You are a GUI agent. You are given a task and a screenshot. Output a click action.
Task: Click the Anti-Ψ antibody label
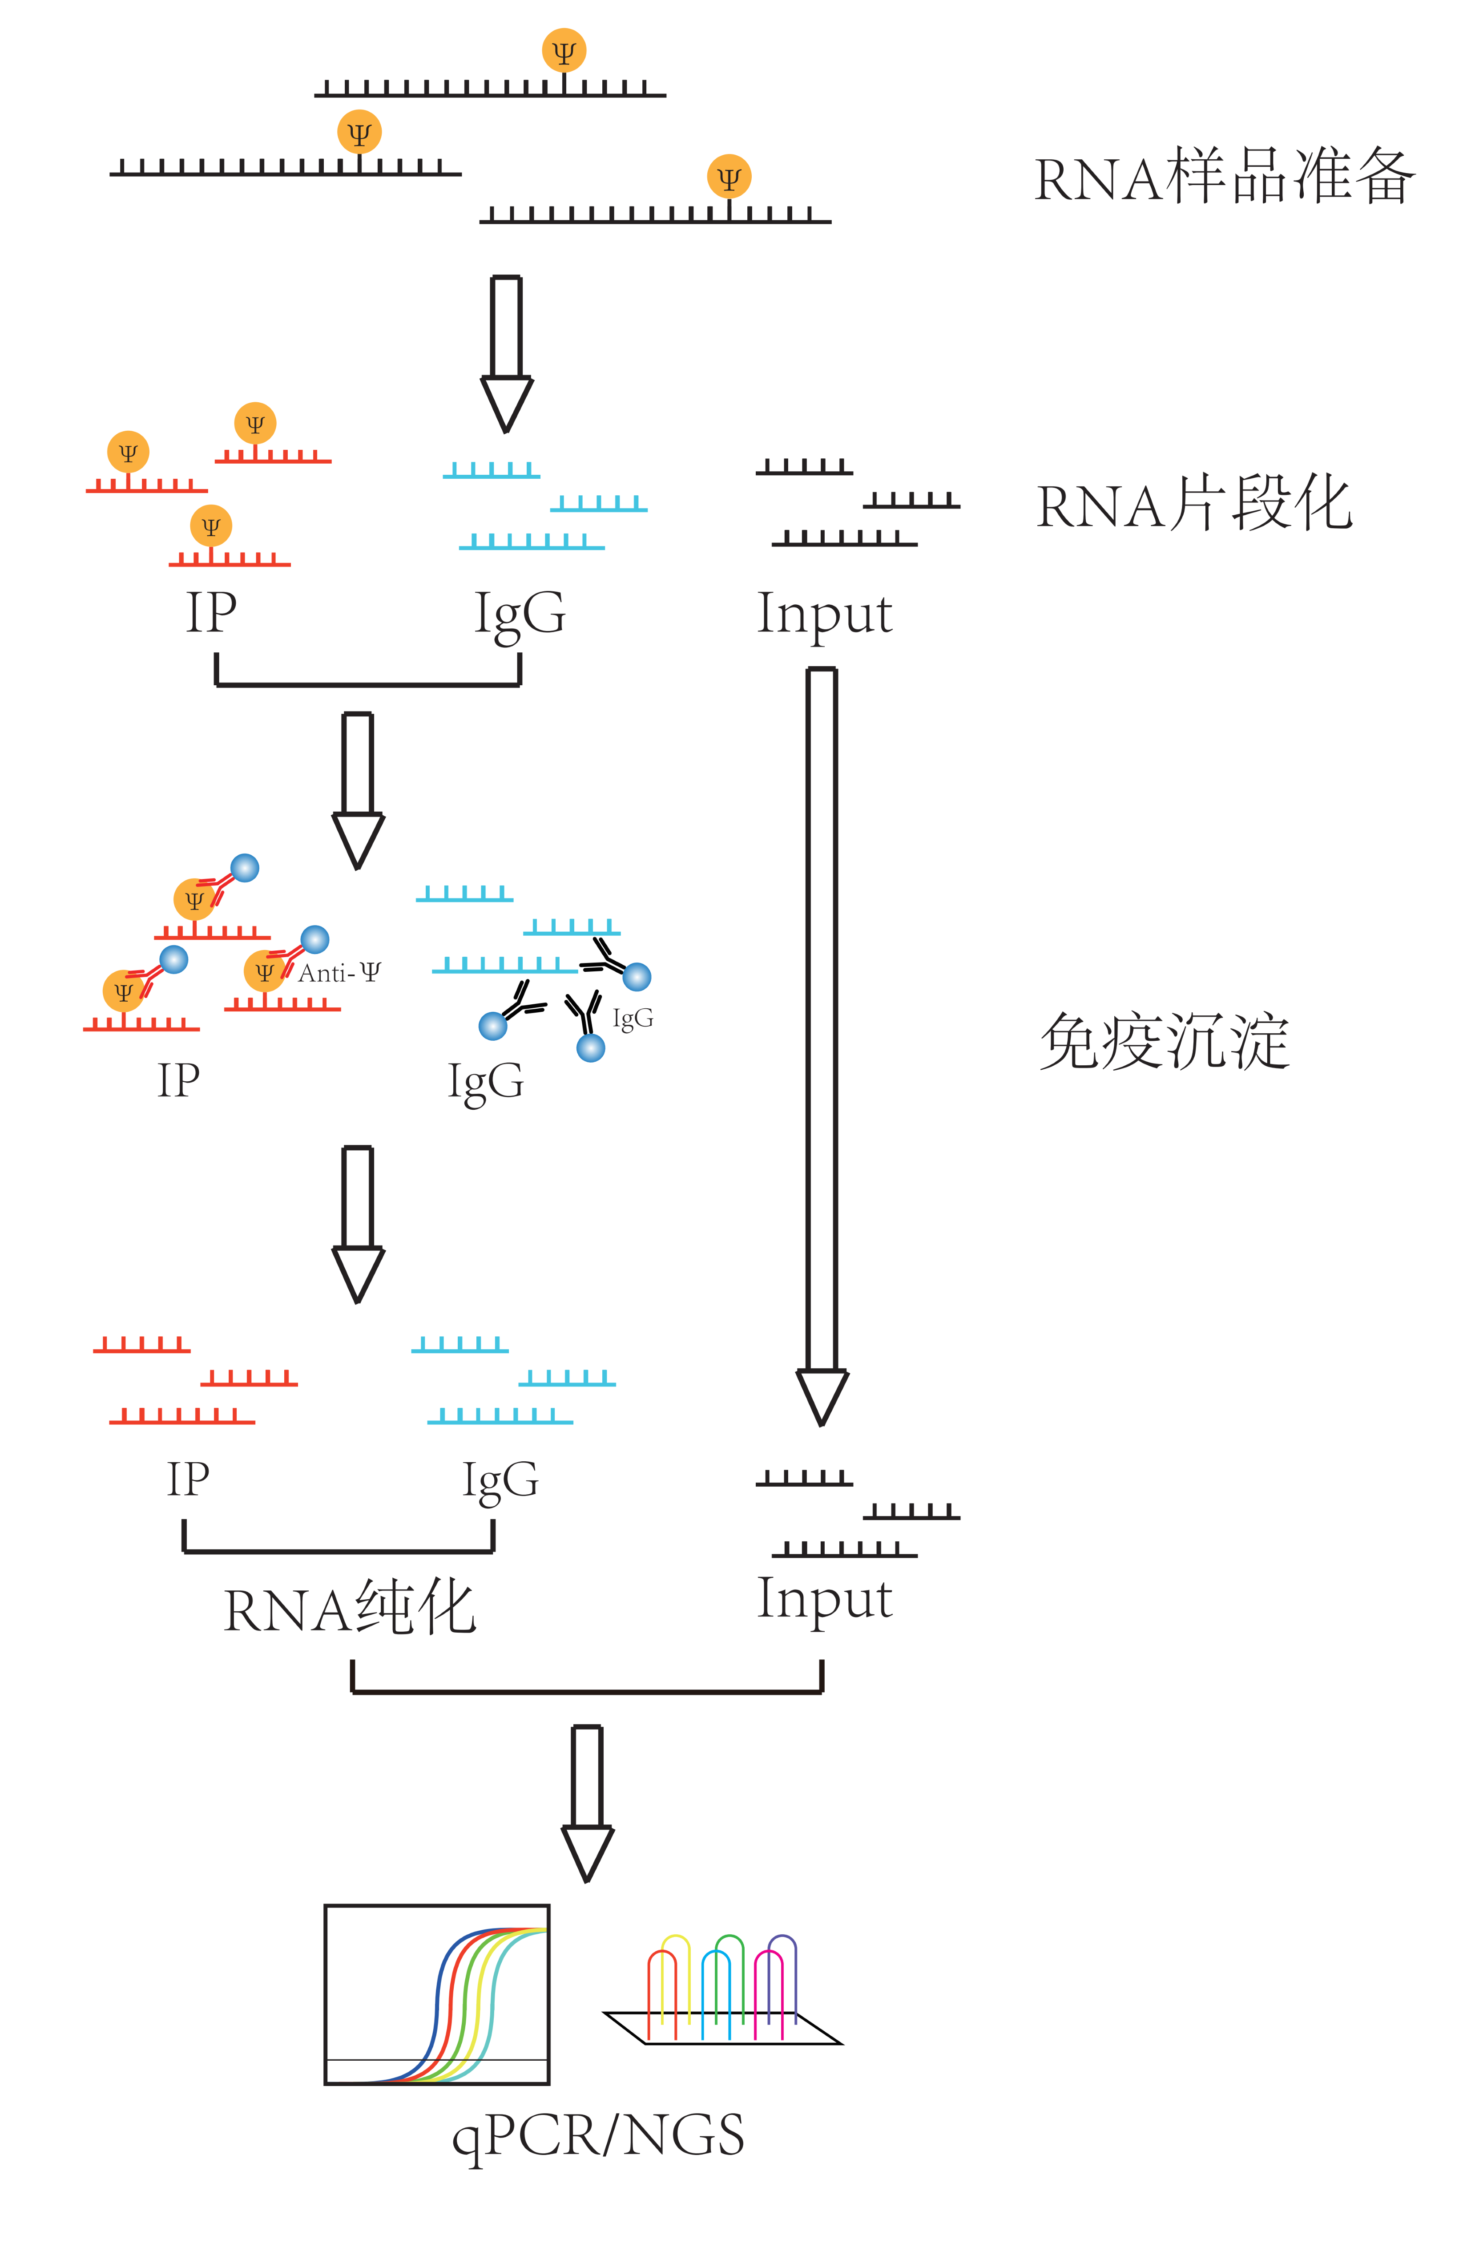click(339, 973)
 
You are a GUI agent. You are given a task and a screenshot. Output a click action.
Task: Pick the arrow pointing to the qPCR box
click(588, 1803)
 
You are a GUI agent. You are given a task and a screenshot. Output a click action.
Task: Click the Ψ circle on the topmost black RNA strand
click(564, 51)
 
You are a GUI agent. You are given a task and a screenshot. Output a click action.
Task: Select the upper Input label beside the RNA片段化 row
click(824, 613)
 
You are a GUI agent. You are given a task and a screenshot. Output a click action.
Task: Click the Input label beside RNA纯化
click(824, 1598)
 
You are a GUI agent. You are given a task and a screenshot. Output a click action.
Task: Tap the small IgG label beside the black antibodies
click(633, 1018)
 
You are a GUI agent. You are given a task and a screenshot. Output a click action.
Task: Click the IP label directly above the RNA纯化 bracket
click(188, 1478)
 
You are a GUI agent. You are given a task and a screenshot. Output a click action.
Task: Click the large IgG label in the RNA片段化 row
click(520, 613)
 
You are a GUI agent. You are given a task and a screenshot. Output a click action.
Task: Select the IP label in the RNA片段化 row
click(211, 613)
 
